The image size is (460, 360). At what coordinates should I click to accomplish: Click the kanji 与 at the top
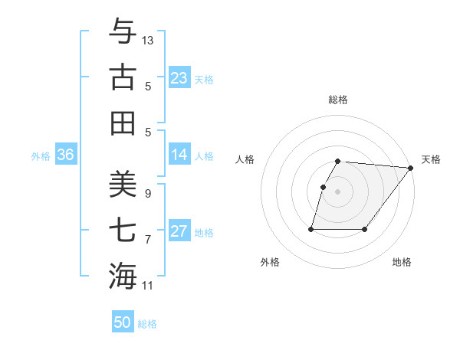point(123,32)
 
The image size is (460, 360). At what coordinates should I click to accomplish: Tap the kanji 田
point(123,123)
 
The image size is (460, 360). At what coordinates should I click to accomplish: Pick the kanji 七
point(123,229)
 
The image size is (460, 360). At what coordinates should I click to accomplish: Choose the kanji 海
point(123,275)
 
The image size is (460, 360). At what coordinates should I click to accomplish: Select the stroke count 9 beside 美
point(147,194)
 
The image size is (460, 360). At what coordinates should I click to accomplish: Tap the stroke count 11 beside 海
point(148,286)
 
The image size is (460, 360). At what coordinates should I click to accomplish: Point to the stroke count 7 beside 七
point(147,240)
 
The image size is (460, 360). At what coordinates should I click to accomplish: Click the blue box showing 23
point(179,78)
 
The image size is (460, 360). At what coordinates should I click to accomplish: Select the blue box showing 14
point(179,155)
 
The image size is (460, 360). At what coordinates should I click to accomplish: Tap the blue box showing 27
point(179,231)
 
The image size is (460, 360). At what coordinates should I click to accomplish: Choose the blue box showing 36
point(66,155)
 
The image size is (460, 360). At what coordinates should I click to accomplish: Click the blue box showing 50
point(123,322)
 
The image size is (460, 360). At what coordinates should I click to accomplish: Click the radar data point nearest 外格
point(311,229)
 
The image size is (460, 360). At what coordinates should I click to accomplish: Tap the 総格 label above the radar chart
point(338,100)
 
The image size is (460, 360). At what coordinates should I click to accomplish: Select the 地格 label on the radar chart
point(402,262)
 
